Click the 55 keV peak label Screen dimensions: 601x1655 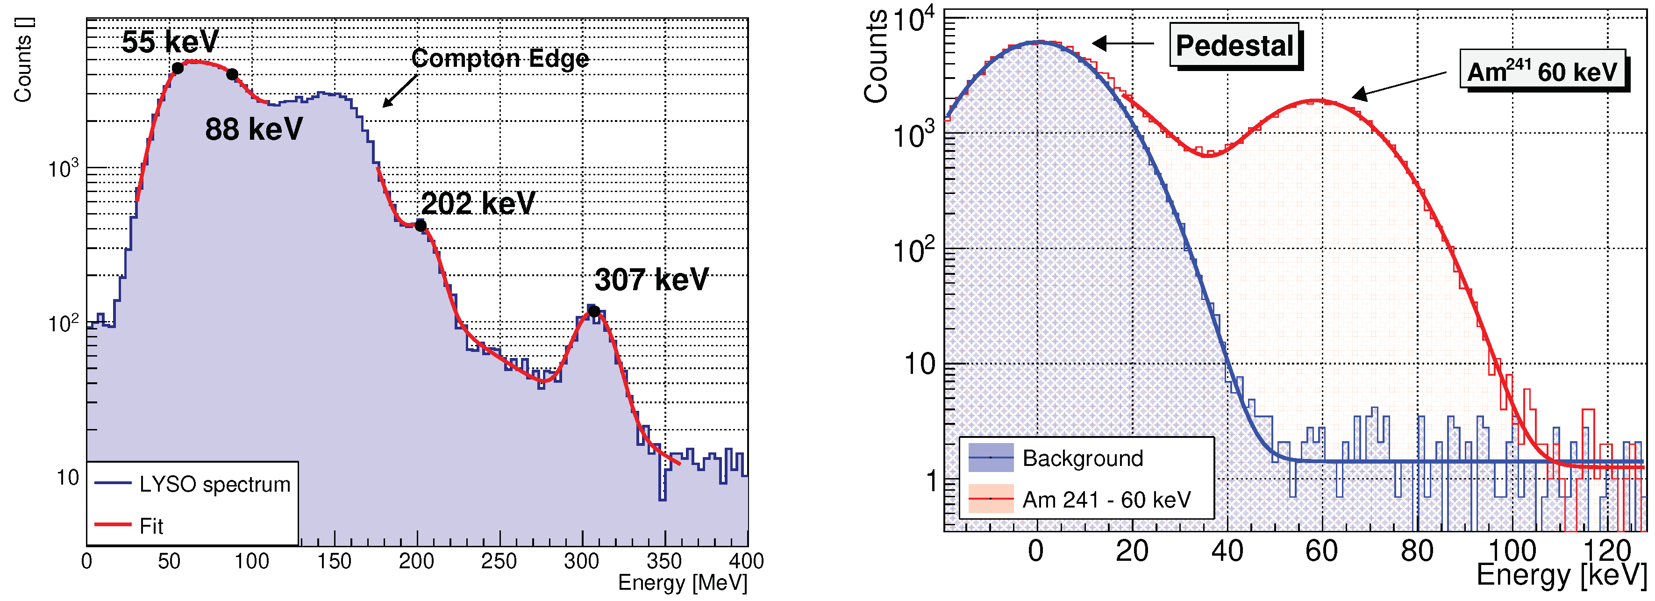pos(170,42)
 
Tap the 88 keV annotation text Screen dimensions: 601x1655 pos(254,129)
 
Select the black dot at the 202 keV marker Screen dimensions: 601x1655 pos(420,226)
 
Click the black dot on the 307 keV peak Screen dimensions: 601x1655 pos(594,312)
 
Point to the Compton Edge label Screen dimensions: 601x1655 pos(500,58)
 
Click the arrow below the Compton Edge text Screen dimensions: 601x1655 pos(399,91)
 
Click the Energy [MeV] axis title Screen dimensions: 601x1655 pos(682,583)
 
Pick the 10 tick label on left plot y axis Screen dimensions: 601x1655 pos(67,478)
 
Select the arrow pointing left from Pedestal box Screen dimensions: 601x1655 pos(1123,44)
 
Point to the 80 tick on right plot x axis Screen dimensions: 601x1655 pos(1417,551)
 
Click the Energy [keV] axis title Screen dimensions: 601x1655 pos(1561,574)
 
